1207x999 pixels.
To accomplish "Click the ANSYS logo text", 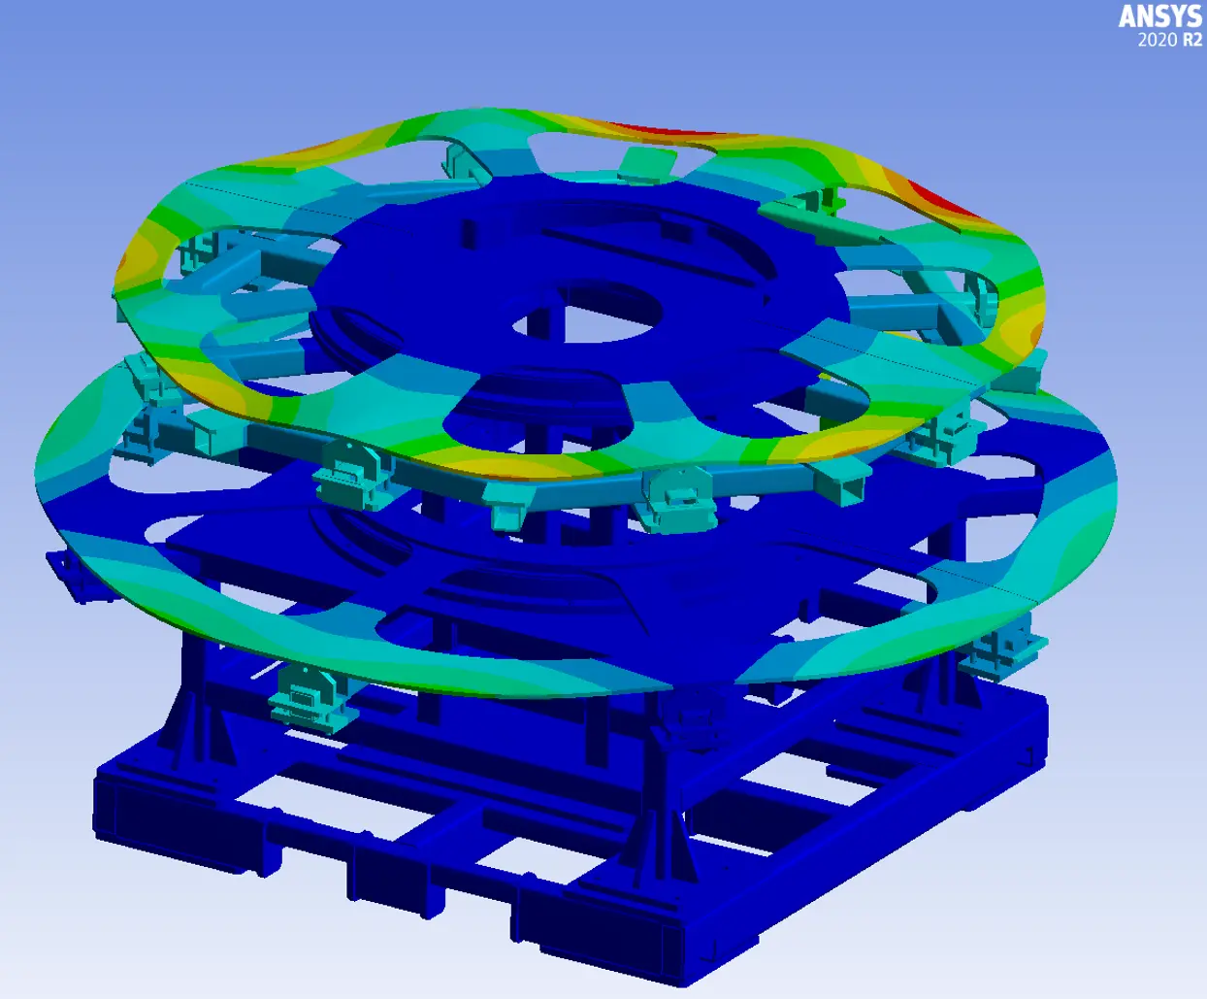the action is point(1160,17).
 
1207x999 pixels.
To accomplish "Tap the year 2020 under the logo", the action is point(1158,40).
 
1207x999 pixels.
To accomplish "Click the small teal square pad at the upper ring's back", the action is point(647,164).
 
